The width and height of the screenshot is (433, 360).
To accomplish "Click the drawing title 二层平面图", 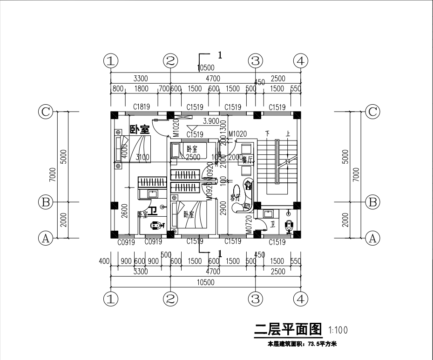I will (x=289, y=330).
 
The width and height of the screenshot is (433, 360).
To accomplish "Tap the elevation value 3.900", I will (x=212, y=121).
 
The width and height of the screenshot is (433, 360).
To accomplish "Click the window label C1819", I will (x=141, y=107).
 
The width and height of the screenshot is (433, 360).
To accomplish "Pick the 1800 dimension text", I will (x=141, y=88).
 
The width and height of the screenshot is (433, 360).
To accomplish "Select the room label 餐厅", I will (x=248, y=160).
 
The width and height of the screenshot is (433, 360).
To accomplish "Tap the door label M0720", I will (x=249, y=224).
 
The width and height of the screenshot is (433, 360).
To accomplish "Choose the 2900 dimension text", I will (x=223, y=211).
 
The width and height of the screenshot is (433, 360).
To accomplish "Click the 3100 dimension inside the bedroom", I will (x=142, y=158).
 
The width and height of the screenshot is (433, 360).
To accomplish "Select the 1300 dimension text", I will (x=223, y=127).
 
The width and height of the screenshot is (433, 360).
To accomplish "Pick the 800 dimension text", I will (x=118, y=88).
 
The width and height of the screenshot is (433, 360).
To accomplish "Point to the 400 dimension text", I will (x=104, y=261).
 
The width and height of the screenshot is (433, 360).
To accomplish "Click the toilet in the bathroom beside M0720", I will (x=289, y=225).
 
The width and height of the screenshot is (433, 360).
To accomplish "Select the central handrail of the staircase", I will (x=277, y=163).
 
